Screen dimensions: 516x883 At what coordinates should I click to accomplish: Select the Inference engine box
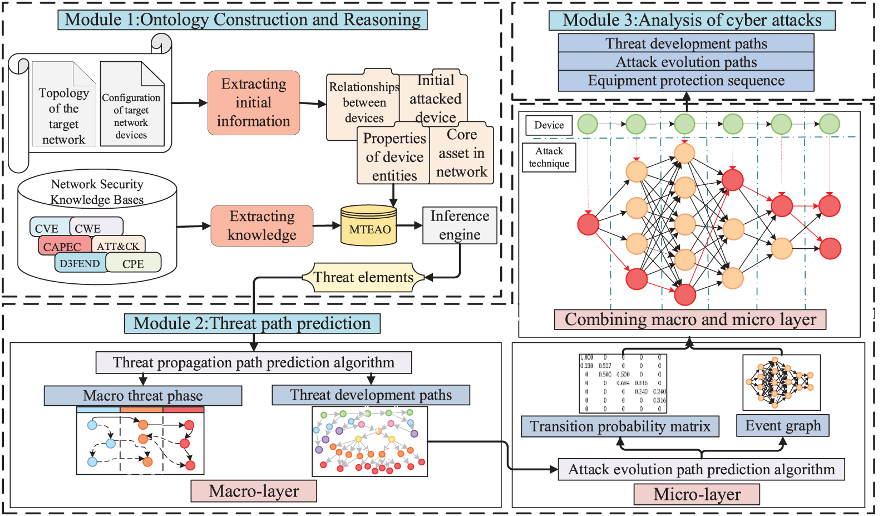(x=460, y=225)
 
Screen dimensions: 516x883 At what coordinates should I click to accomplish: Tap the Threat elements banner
(x=363, y=277)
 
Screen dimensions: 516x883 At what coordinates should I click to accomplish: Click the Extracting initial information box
(x=254, y=103)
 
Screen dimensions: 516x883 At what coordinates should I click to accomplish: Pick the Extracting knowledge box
(x=262, y=225)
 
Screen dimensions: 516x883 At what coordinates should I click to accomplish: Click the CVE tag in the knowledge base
(x=47, y=228)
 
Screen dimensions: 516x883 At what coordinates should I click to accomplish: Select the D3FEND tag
(x=80, y=263)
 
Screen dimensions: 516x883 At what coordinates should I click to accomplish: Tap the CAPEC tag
(x=62, y=247)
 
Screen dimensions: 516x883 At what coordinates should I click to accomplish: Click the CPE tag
(x=134, y=264)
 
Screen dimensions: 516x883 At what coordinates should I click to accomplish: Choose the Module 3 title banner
(x=692, y=21)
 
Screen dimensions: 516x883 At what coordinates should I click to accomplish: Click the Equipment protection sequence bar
(x=686, y=81)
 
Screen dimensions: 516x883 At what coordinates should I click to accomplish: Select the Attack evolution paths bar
(x=686, y=62)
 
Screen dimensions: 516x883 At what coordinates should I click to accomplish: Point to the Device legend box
(x=549, y=125)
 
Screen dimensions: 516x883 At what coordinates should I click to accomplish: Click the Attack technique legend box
(x=549, y=158)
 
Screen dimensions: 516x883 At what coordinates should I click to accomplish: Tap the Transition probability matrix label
(x=620, y=426)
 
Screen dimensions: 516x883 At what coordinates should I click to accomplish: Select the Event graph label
(x=783, y=426)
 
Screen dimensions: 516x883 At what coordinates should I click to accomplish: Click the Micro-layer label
(x=697, y=494)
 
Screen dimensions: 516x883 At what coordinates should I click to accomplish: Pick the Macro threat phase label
(x=143, y=396)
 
